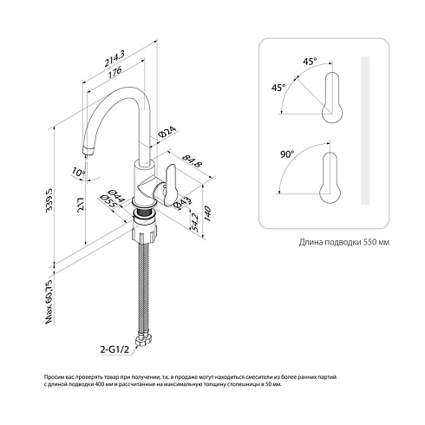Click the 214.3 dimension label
(114, 59)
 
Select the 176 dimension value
(115, 72)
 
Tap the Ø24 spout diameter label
(167, 132)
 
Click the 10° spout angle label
(79, 173)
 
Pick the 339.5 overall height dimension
(49, 199)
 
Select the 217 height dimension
(81, 206)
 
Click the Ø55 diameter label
(108, 201)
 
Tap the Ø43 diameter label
(183, 202)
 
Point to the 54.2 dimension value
(195, 222)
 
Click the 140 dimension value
(208, 213)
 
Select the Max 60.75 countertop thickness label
(50, 302)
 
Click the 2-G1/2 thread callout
(114, 350)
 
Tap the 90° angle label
(287, 154)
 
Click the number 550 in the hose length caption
(369, 242)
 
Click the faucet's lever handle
(170, 185)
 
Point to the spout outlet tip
(88, 151)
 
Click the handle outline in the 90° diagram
(330, 179)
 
